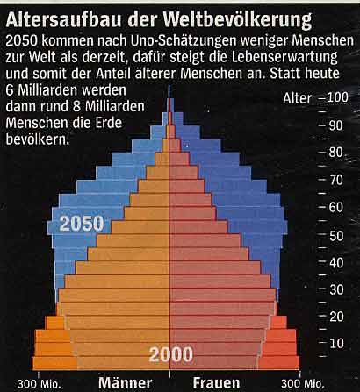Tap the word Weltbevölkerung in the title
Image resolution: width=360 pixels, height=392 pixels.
point(237,21)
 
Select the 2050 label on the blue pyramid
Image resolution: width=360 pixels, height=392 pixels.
point(82,224)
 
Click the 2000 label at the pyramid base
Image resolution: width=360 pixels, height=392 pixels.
point(171,355)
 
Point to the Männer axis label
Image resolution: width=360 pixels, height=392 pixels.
point(126,382)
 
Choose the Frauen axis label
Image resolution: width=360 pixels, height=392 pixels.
point(216,383)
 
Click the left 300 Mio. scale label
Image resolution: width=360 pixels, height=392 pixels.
point(39,384)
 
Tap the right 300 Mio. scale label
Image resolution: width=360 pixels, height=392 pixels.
point(303,384)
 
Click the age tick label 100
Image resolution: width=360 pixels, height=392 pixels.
point(338,97)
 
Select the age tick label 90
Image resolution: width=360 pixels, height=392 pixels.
point(335,125)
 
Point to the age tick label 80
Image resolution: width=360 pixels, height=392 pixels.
point(335,153)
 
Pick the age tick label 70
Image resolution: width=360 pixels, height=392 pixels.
point(336,180)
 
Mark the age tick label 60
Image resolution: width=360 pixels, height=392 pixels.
point(336,207)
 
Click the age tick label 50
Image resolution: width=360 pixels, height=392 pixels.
point(336,236)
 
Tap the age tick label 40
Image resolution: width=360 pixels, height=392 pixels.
point(336,263)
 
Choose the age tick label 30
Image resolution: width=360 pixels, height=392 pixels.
point(336,289)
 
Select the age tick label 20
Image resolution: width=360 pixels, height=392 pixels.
point(336,317)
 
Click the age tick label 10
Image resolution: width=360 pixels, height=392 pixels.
point(336,344)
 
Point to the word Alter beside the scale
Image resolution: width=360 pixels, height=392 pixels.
point(298,98)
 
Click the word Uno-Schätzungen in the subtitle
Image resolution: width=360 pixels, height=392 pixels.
point(184,41)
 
